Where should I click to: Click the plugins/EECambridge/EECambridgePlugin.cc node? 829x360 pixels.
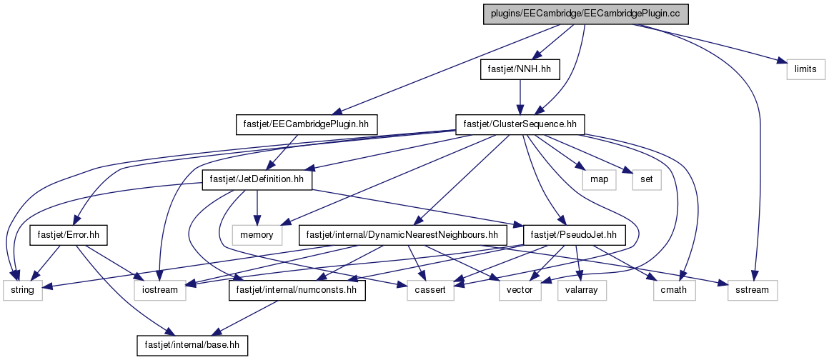(x=587, y=14)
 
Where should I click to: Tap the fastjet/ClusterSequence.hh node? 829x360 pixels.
(x=520, y=124)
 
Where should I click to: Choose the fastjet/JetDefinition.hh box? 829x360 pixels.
(x=257, y=180)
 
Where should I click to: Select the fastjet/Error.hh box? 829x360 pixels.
(x=69, y=235)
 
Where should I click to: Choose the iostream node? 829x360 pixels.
(x=159, y=290)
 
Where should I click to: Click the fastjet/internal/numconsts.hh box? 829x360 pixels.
(x=297, y=290)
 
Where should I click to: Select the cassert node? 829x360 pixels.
(x=430, y=290)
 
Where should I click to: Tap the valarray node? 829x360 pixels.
(x=582, y=290)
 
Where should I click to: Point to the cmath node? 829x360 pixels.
(x=673, y=290)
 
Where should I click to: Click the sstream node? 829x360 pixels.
(x=753, y=290)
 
